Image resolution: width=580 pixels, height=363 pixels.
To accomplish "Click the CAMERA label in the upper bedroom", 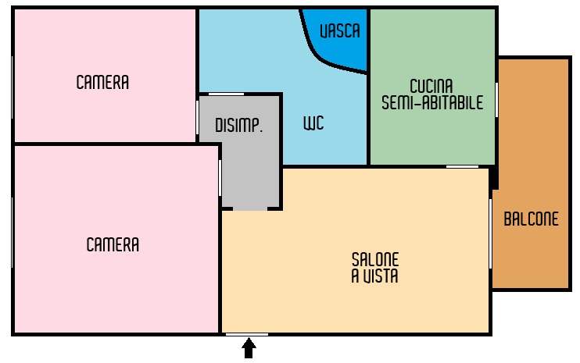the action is pos(102,82).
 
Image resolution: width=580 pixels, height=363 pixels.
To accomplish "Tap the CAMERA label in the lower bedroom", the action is pos(113,244).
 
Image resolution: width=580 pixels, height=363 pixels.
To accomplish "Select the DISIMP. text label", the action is pos(239,125).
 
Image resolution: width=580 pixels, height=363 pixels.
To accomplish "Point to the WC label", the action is pos(313,123).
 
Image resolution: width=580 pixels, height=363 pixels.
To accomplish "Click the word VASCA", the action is pos(340,31).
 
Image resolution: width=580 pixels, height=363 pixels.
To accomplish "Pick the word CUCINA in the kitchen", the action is pos(431,86).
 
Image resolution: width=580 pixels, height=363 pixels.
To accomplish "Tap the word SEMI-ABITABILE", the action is pos(432,102).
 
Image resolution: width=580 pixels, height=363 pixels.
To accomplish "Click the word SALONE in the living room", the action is pos(375,259).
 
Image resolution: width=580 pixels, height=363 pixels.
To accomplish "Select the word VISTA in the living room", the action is pos(380,276).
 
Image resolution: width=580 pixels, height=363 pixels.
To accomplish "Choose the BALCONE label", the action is pos(532,219).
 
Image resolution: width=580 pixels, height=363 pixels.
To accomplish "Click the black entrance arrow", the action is pos(249,348).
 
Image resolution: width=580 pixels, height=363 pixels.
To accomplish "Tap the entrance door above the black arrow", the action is pos(247,335).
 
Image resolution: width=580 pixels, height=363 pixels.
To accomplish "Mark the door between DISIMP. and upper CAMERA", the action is pos(198,118).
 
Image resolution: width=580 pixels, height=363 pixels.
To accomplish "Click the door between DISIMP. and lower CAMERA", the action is pos(220,178).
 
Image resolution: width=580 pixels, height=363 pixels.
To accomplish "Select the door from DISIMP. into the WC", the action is pos(226,94).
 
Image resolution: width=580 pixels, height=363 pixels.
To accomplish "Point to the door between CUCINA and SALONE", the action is pos(463,167).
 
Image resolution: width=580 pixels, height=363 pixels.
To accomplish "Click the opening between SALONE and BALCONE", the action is pos(490,233).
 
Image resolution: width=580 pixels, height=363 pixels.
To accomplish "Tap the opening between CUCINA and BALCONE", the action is pos(496,100).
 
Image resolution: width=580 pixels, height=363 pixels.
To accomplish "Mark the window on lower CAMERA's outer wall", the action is pos(13,233).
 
